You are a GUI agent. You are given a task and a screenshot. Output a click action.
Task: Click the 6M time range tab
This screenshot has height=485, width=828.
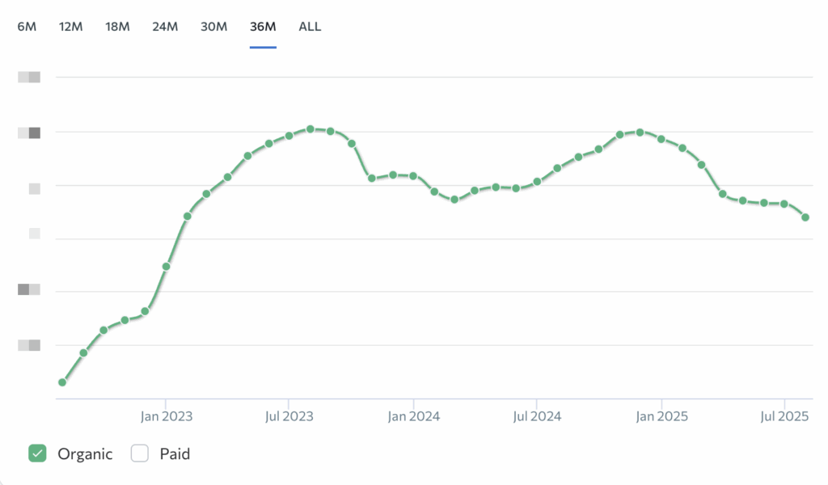[27, 27]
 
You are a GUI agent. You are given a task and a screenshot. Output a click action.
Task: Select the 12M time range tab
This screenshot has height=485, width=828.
[71, 27]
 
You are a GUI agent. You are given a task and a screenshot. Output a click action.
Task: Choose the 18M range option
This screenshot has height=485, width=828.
[117, 27]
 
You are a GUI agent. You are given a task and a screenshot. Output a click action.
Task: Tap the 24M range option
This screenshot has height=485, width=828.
[165, 27]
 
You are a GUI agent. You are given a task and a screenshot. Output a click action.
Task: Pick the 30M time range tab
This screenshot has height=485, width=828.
[213, 27]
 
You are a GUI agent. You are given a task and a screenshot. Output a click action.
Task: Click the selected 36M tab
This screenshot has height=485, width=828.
[263, 27]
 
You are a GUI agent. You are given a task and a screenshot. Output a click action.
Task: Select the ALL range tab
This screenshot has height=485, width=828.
[310, 27]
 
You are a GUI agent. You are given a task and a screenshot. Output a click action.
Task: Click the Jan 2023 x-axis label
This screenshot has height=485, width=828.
[166, 416]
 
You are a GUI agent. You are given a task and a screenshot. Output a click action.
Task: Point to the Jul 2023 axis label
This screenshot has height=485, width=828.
[289, 416]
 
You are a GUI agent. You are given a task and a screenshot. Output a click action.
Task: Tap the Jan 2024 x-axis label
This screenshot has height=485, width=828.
[413, 416]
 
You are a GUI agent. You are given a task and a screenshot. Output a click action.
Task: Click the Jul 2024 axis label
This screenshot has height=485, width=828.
[537, 416]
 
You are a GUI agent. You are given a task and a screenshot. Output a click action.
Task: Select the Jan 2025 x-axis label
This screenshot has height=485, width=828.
[661, 416]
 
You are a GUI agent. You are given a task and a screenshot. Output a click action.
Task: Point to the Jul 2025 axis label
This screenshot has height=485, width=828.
[784, 416]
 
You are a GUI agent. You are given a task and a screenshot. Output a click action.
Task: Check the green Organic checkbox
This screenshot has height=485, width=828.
[37, 453]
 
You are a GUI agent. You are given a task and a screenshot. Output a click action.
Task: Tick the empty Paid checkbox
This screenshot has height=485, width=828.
[140, 453]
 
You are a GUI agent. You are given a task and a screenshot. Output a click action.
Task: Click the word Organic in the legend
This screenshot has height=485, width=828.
[85, 453]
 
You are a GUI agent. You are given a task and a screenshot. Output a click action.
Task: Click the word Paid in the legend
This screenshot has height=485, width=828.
[175, 453]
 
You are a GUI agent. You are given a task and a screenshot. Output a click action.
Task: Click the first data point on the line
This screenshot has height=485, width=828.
[62, 382]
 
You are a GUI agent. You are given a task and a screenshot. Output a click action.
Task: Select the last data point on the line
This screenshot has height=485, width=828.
[805, 217]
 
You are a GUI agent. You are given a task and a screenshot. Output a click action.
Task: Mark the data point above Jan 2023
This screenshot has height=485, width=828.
[166, 266]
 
